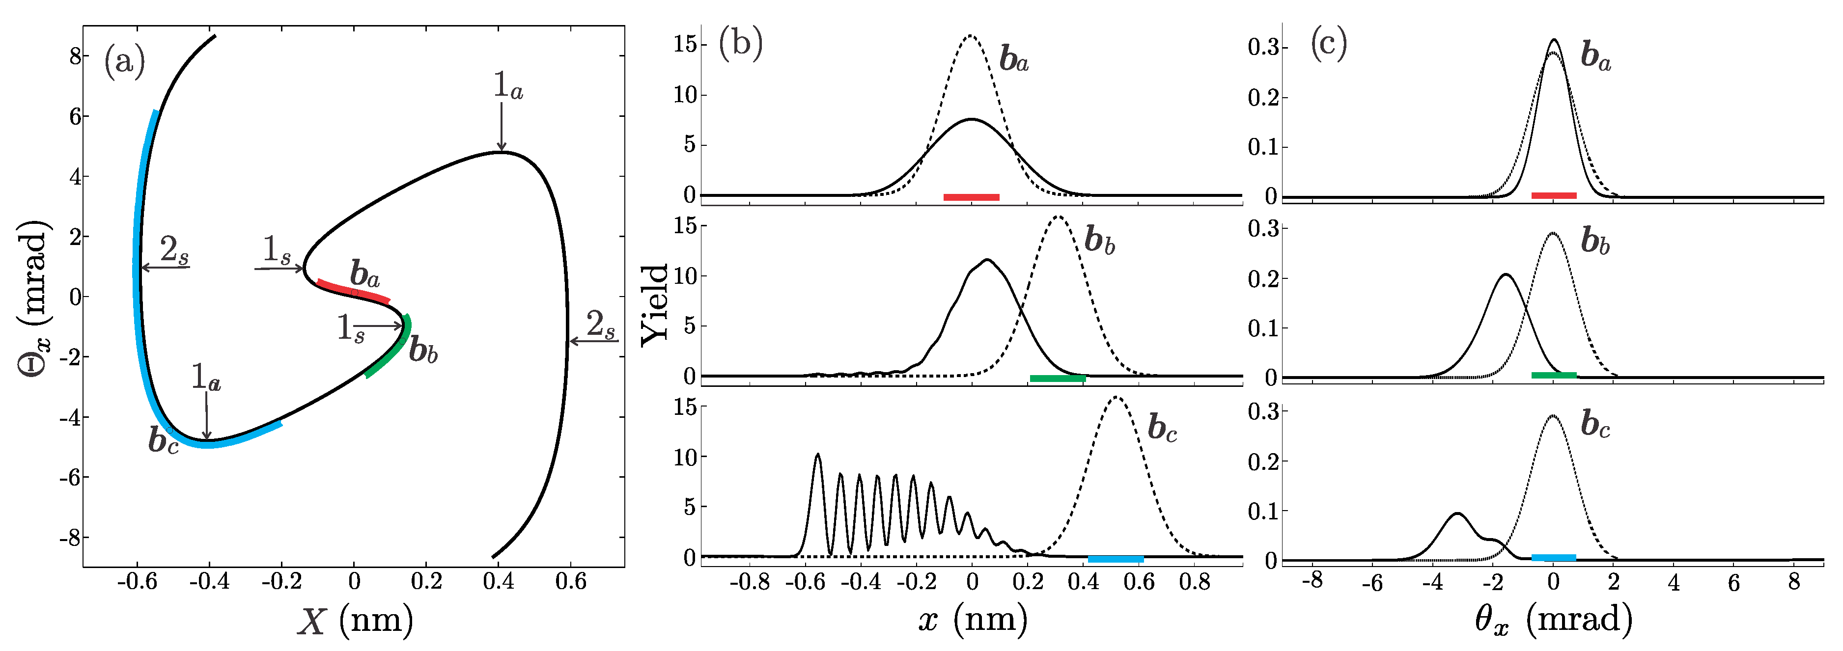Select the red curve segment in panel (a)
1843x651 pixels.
[x=353, y=291]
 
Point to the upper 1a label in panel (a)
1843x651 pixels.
[x=507, y=86]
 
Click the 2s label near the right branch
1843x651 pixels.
[x=600, y=325]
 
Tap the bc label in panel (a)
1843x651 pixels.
[x=163, y=440]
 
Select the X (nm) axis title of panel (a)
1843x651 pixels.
[x=355, y=620]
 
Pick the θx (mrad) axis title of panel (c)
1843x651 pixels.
[x=1553, y=618]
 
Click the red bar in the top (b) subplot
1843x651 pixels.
[x=971, y=197]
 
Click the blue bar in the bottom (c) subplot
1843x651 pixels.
[x=1553, y=557]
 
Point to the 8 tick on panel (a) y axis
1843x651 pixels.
[x=74, y=56]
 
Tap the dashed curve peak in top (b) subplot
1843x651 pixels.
[x=970, y=36]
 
